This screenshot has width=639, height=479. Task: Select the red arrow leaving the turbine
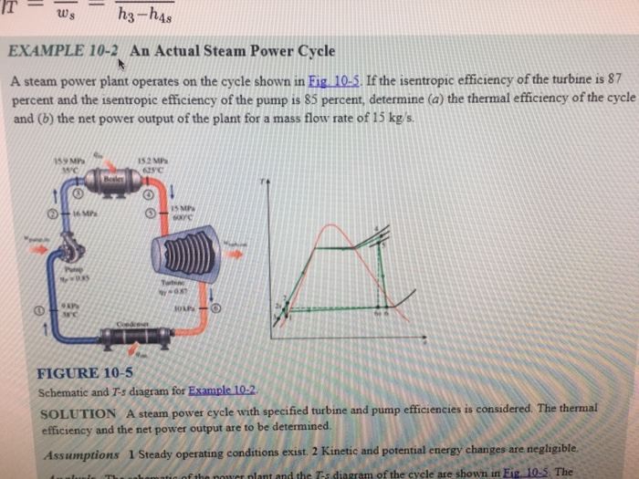236,253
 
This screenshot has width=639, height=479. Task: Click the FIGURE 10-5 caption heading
84,373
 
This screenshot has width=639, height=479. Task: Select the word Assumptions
80,453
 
